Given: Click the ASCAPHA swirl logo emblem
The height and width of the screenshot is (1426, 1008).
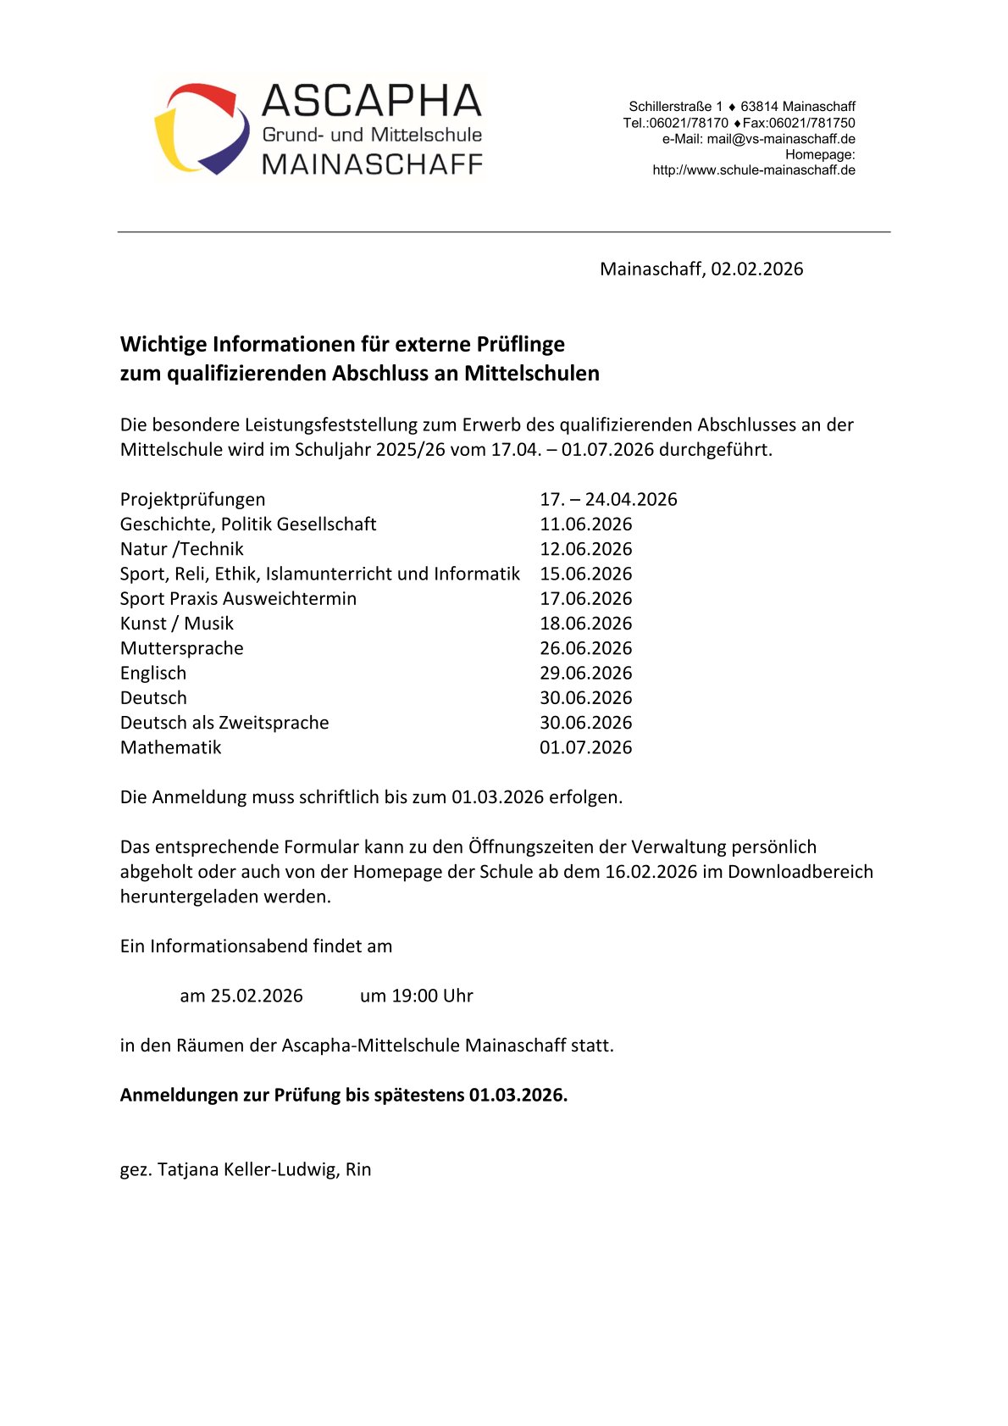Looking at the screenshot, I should click(x=202, y=129).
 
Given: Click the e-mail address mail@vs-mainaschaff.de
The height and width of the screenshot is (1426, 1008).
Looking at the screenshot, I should click(x=781, y=139).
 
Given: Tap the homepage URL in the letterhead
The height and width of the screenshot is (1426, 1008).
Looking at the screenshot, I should click(x=753, y=170).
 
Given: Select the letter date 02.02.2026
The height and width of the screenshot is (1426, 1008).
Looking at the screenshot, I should click(x=756, y=269).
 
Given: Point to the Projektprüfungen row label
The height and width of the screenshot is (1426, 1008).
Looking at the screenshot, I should click(x=192, y=499).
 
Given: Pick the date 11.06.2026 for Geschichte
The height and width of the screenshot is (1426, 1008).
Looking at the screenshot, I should click(x=585, y=524).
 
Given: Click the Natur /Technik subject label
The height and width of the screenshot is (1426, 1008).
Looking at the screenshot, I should click(x=181, y=549).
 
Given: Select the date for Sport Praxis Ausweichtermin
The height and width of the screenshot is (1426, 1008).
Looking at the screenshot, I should click(x=585, y=599).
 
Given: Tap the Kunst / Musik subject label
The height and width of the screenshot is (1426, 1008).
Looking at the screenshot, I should click(x=176, y=624).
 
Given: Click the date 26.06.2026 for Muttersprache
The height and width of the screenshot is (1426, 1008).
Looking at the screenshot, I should click(x=585, y=648).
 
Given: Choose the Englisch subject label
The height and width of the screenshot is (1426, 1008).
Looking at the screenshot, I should click(x=152, y=673).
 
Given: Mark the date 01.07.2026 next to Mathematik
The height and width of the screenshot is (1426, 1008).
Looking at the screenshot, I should click(x=585, y=747).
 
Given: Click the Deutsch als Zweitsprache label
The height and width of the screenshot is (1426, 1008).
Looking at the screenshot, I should click(x=224, y=723).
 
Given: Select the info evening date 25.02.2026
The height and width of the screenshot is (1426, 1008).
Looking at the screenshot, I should click(x=256, y=996).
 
